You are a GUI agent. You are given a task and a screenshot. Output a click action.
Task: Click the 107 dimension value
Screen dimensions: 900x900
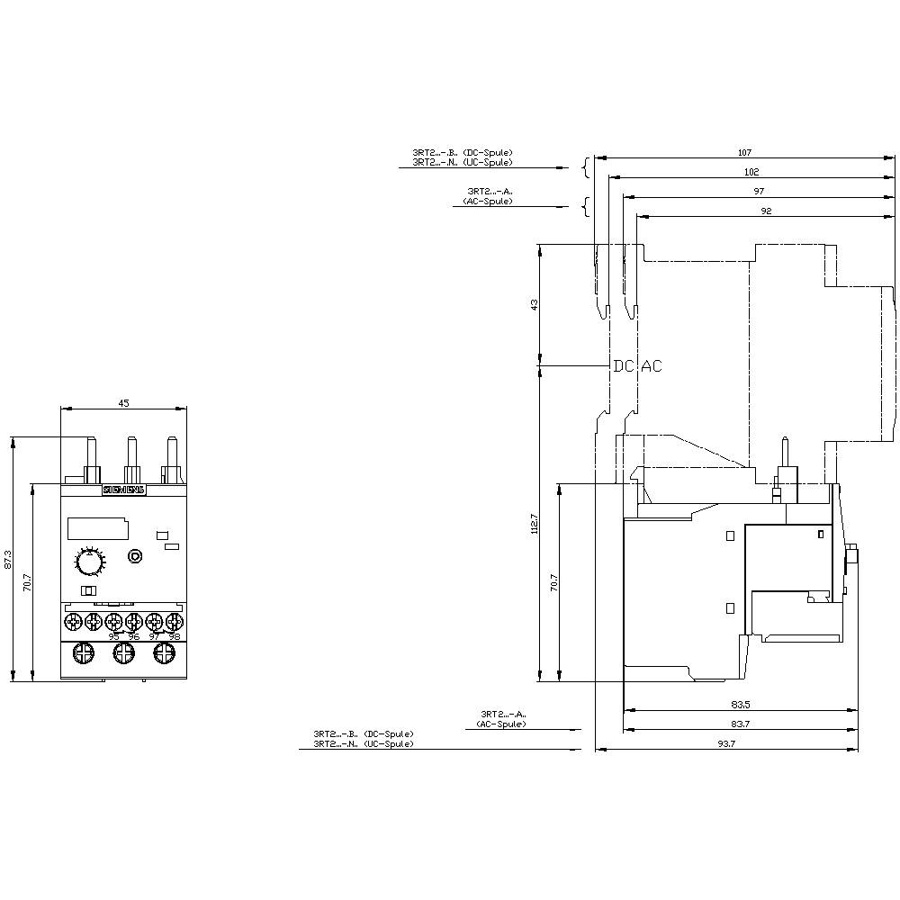click(744, 152)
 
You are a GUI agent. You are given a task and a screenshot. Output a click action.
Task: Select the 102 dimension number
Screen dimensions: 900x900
click(751, 172)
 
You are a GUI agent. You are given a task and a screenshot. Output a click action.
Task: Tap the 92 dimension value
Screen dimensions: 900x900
click(766, 211)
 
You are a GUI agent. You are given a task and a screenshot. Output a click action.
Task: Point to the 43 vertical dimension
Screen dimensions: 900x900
click(535, 304)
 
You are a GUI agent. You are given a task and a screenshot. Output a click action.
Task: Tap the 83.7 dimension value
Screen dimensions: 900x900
click(740, 724)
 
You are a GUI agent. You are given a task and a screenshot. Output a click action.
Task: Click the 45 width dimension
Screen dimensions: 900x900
click(123, 403)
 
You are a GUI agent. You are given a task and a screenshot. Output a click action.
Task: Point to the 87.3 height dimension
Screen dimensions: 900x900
click(9, 559)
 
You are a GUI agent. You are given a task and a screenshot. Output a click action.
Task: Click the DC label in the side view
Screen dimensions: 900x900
click(624, 366)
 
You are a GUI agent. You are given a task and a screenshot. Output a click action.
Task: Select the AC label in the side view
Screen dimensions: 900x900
click(651, 366)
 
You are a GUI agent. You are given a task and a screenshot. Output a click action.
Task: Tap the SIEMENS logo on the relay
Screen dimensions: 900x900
click(123, 490)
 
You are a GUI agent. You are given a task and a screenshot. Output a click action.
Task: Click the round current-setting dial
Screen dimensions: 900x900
click(88, 562)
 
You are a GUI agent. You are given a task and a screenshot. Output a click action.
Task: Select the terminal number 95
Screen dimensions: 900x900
click(113, 635)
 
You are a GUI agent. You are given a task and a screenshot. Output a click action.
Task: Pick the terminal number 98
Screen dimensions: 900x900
click(174, 635)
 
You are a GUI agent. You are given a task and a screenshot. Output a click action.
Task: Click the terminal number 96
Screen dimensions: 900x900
click(134, 635)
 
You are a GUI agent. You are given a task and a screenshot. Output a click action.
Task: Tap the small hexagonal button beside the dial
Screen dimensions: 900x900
click(134, 556)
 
